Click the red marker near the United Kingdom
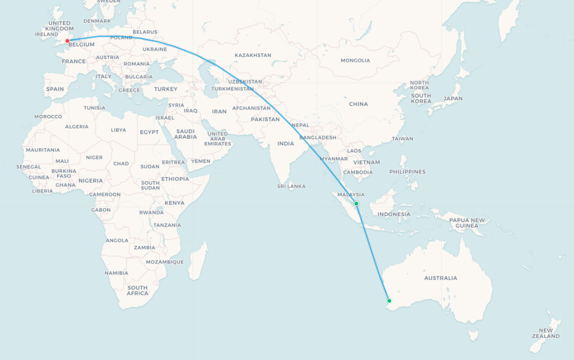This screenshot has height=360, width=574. [67, 41]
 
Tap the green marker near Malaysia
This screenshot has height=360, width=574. [356, 203]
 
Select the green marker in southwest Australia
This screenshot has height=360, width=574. [389, 301]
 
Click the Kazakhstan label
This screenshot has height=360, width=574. [252, 55]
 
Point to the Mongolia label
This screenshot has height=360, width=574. [355, 60]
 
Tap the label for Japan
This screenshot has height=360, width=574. [453, 99]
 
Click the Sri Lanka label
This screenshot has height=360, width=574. [291, 186]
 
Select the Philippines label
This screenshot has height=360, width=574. [407, 172]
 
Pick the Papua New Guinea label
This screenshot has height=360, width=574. [467, 222]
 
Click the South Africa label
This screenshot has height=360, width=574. [138, 290]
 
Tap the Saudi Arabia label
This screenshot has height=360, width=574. [185, 134]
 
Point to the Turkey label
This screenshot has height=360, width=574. [165, 89]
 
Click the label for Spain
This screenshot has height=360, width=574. [55, 89]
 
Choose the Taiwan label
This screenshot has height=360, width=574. [402, 139]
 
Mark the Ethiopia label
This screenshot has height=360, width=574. [175, 179]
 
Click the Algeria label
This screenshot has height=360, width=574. [77, 127]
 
